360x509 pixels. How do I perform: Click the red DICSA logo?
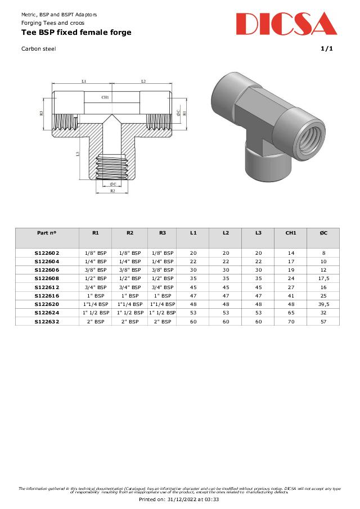coord(286,24)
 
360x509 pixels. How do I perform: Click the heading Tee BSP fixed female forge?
coord(76,33)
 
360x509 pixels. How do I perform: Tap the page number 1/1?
coord(327,48)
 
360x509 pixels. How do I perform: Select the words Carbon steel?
coord(38,49)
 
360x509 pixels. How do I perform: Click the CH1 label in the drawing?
coord(105,97)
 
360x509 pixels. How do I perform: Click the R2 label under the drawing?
coord(112,191)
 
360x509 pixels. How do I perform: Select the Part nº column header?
coord(47,232)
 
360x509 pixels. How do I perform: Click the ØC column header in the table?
coord(323,232)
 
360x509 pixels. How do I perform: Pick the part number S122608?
coord(47,278)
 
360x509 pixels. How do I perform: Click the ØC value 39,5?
coord(323,304)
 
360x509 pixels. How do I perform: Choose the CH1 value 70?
coord(291,321)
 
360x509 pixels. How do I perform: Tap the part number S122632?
coord(47,321)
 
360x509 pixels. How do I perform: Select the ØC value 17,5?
coord(323,278)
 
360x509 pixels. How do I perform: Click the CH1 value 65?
coord(291,312)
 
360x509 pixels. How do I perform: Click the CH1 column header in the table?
coord(291,232)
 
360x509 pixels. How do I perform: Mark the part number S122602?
coord(47,253)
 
